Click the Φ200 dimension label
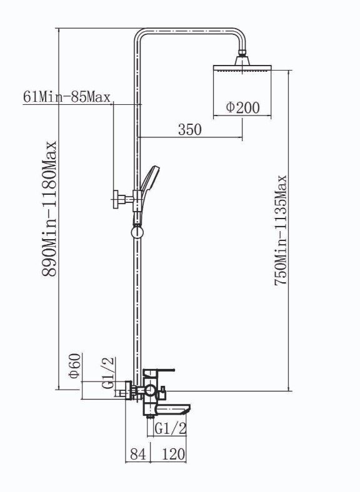(243, 107)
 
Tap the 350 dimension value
(190, 129)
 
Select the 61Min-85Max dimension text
(67, 97)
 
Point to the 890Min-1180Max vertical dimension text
(49, 209)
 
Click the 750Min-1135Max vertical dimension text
(281, 230)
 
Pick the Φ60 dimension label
(76, 366)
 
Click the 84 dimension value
(138, 454)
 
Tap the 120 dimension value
(174, 454)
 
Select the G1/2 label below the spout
(171, 428)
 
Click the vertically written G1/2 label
(109, 373)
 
